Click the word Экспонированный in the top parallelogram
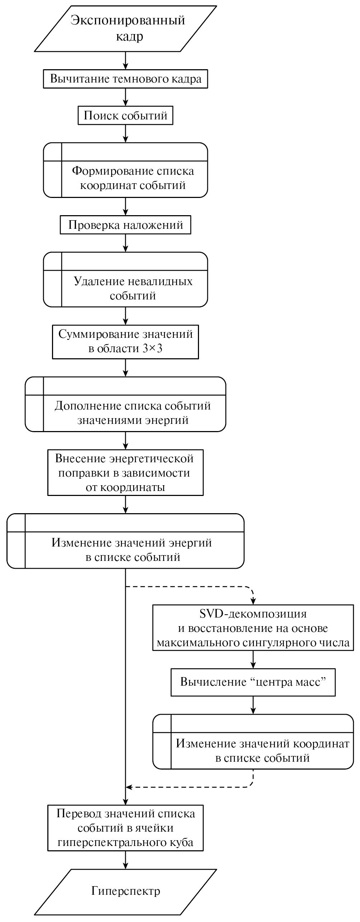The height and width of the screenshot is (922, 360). click(128, 20)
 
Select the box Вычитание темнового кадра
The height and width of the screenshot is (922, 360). click(125, 79)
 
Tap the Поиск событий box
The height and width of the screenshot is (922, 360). click(125, 115)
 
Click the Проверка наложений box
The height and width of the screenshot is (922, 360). click(125, 225)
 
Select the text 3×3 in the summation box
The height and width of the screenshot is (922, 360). click(153, 348)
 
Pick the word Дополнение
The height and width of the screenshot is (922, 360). click(87, 406)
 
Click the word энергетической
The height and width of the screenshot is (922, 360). click(151, 458)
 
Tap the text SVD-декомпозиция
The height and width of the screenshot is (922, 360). click(253, 614)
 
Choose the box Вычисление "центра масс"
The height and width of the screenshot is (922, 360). click(253, 682)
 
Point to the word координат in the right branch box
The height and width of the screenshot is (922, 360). click(321, 743)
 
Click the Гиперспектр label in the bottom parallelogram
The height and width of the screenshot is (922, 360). click(125, 891)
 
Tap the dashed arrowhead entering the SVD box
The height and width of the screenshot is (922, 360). click(253, 601)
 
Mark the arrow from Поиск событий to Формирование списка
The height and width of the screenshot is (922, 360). click(125, 133)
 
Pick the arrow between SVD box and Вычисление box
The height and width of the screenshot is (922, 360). click(253, 659)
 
